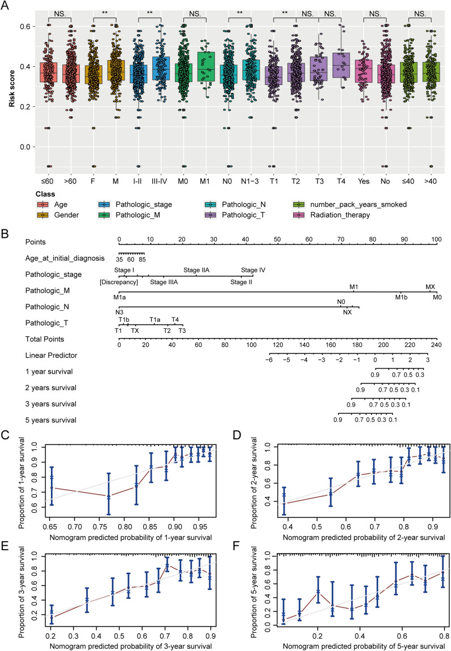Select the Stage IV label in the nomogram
253,270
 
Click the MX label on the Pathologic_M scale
430,287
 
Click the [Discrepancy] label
119,281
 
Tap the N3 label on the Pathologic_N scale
119,312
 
